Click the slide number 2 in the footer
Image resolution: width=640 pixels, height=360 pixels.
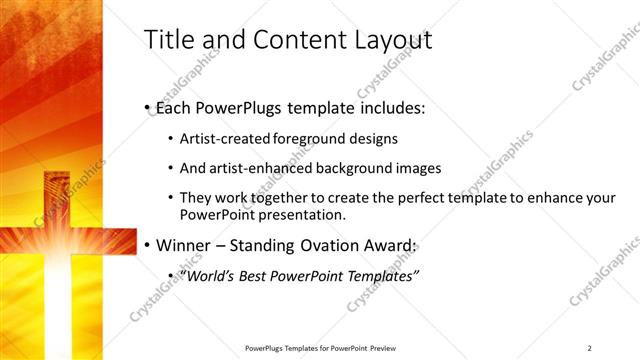(589, 348)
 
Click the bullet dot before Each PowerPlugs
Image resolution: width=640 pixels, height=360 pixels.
(147, 107)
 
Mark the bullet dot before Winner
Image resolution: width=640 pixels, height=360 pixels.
(147, 245)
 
